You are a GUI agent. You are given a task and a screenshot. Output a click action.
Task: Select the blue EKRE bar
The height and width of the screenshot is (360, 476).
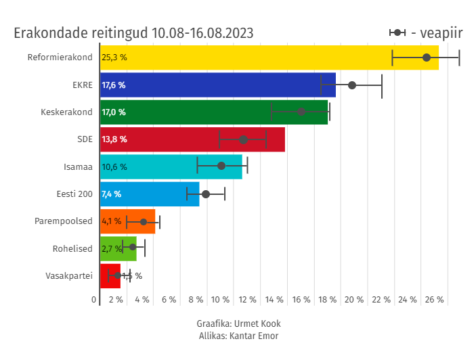tap(217, 85)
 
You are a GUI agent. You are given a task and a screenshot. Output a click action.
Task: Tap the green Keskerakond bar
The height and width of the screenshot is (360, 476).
tap(203, 112)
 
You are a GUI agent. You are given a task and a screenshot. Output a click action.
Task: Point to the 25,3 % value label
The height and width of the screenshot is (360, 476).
tap(114, 58)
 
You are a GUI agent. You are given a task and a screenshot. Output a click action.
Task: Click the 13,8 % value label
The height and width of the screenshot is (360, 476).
tap(114, 139)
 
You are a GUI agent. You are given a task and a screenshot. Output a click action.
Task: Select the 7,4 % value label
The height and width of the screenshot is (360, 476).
tap(111, 194)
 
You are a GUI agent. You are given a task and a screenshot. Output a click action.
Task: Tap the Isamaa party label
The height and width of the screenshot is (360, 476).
tap(78, 166)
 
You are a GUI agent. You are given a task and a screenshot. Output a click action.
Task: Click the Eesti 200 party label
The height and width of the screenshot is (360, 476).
tap(74, 194)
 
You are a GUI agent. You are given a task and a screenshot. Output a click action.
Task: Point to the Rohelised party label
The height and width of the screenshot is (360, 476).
tap(72, 249)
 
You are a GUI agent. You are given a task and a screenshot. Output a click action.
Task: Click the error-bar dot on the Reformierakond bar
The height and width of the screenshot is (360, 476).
tap(427, 58)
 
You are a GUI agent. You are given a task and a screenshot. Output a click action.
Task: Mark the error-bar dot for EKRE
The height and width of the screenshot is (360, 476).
tap(352, 85)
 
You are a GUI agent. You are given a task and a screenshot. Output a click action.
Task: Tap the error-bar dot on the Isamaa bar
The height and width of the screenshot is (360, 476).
tap(221, 166)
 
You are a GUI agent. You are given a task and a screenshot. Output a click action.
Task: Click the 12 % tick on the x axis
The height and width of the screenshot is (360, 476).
tap(248, 300)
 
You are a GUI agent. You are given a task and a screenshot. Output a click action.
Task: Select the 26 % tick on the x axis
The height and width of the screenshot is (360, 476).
tap(434, 300)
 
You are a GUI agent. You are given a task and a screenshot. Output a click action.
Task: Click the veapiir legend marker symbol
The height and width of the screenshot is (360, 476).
tap(397, 32)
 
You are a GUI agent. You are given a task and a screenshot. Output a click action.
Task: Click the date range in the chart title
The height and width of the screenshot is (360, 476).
tap(202, 32)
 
